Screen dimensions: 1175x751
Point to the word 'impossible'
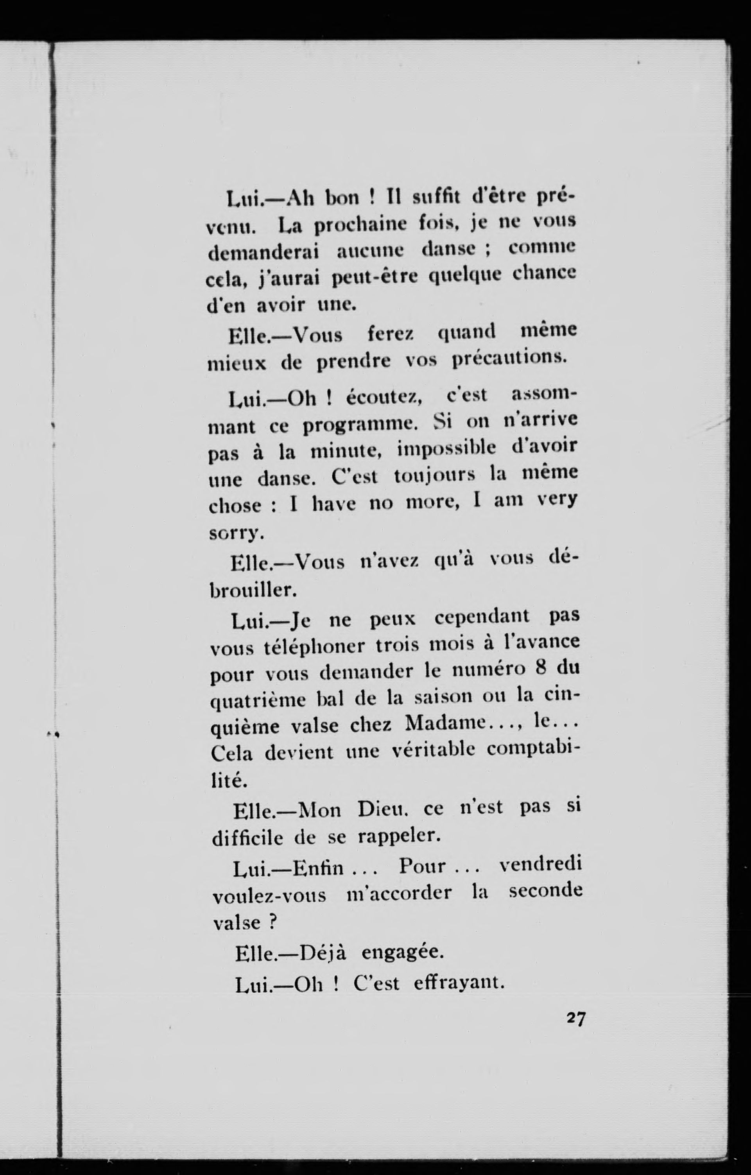pyautogui.click(x=446, y=449)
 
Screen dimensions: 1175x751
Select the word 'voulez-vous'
pyautogui.click(x=270, y=895)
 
